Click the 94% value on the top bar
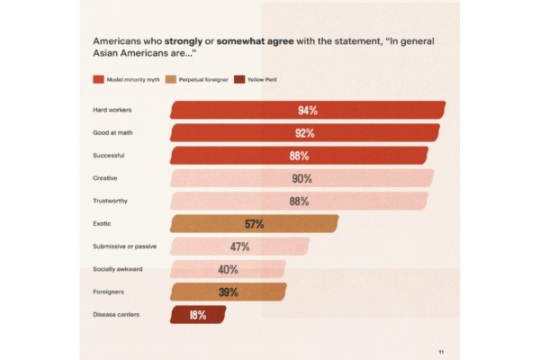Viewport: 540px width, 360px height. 307,110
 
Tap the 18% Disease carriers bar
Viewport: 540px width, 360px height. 198,315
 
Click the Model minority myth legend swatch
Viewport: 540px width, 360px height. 99,80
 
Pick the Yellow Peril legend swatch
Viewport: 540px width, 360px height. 238,80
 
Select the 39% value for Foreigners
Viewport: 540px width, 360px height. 229,292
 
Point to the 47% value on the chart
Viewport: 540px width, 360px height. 239,247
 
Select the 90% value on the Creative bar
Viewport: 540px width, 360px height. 301,178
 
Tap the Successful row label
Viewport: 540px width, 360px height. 108,156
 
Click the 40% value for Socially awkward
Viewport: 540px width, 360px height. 228,269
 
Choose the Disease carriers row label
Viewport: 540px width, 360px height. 116,314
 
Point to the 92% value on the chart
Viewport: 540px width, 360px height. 303,133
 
